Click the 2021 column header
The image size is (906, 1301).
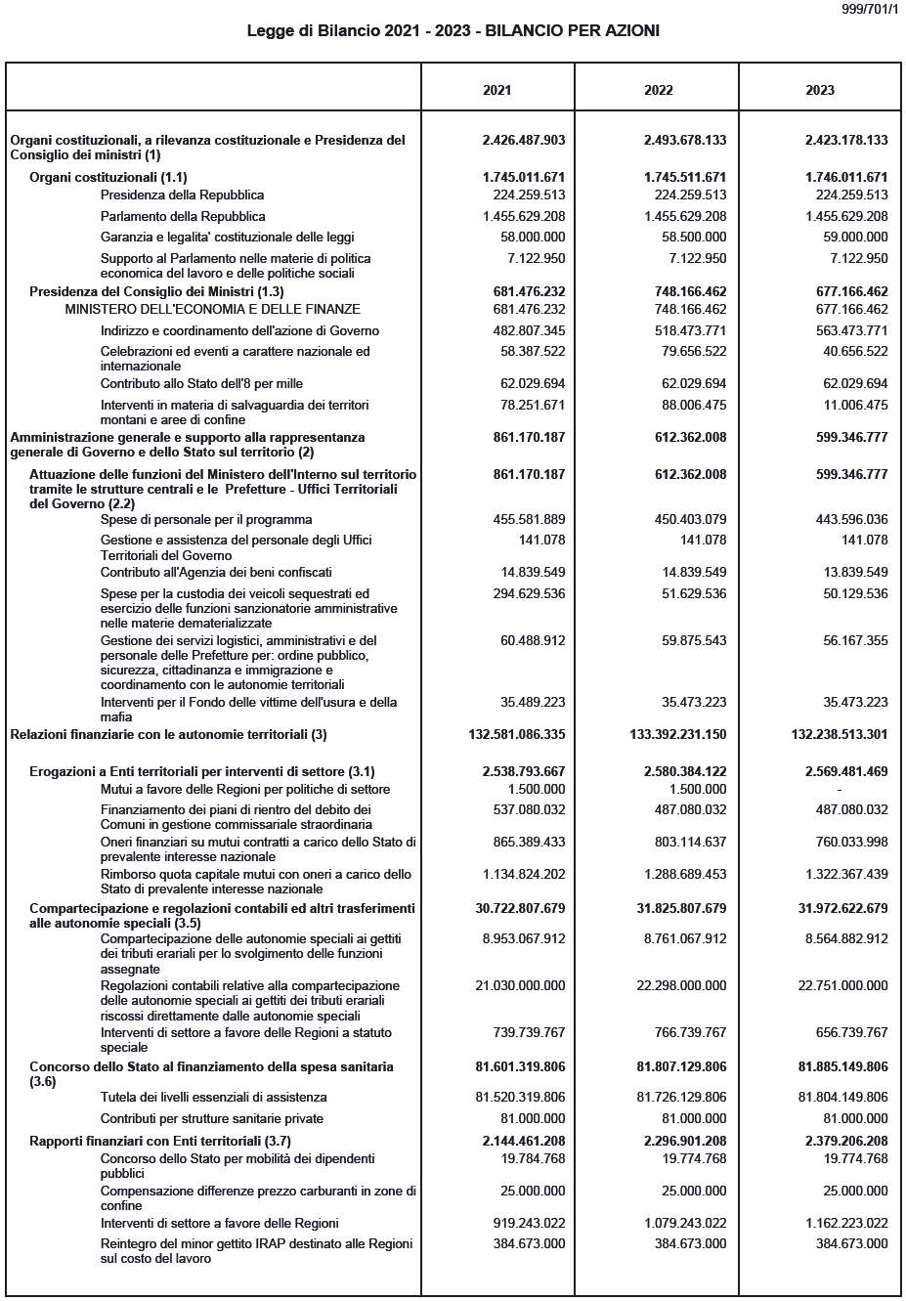pyautogui.click(x=496, y=90)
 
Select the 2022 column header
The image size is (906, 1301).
pyautogui.click(x=658, y=90)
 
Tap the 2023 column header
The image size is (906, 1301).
pyautogui.click(x=819, y=90)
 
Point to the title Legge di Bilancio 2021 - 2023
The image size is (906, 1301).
pyautogui.click(x=453, y=31)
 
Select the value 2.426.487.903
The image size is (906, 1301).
pyautogui.click(x=523, y=140)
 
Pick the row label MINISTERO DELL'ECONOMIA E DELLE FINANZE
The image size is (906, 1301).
pyautogui.click(x=212, y=310)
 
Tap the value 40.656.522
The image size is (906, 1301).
pyautogui.click(x=851, y=352)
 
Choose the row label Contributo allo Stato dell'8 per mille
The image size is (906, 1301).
pyautogui.click(x=201, y=384)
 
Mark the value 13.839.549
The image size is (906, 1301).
pyautogui.click(x=851, y=573)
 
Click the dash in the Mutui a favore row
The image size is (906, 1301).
pyautogui.click(x=839, y=790)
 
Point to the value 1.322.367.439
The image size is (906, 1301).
pyautogui.click(x=842, y=875)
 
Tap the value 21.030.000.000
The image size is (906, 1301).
pyautogui.click(x=520, y=986)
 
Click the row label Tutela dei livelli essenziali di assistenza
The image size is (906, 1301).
pyautogui.click(x=213, y=1098)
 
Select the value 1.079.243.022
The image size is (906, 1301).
pyautogui.click(x=681, y=1224)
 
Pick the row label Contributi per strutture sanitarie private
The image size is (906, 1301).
pyautogui.click(x=211, y=1119)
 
